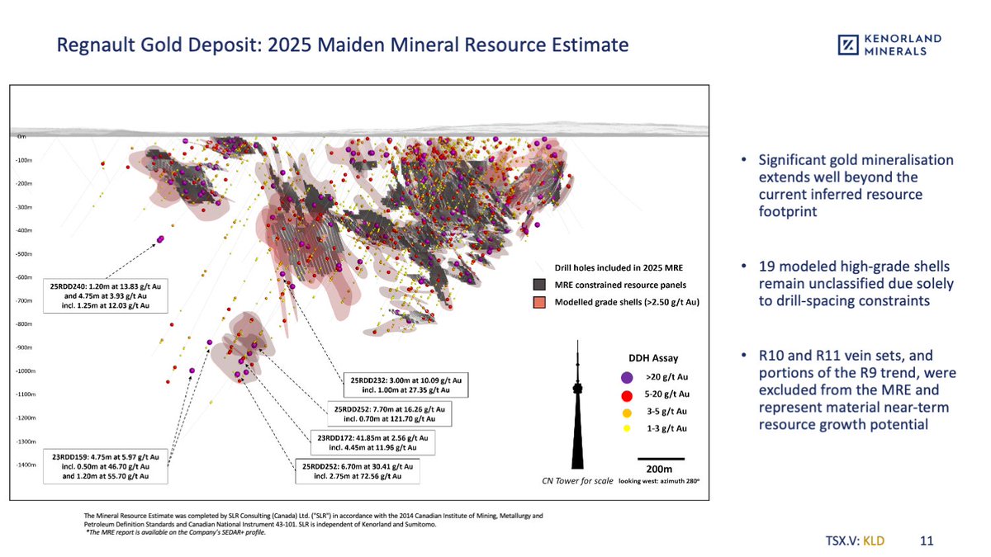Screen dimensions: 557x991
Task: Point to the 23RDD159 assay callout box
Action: [x=105, y=465]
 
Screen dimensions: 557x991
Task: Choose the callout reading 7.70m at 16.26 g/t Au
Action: [x=389, y=413]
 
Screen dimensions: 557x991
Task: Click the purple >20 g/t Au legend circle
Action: [x=627, y=376]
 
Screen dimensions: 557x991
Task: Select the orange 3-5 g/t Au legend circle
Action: [x=627, y=411]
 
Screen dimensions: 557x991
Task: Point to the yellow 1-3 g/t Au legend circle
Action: [x=627, y=428]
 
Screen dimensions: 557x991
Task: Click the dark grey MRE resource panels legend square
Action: [x=540, y=285]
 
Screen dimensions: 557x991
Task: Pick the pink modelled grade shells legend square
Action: [x=540, y=302]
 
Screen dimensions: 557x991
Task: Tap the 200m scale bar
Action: [x=660, y=458]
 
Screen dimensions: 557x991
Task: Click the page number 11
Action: [x=926, y=541]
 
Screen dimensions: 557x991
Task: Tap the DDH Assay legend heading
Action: [x=653, y=358]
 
